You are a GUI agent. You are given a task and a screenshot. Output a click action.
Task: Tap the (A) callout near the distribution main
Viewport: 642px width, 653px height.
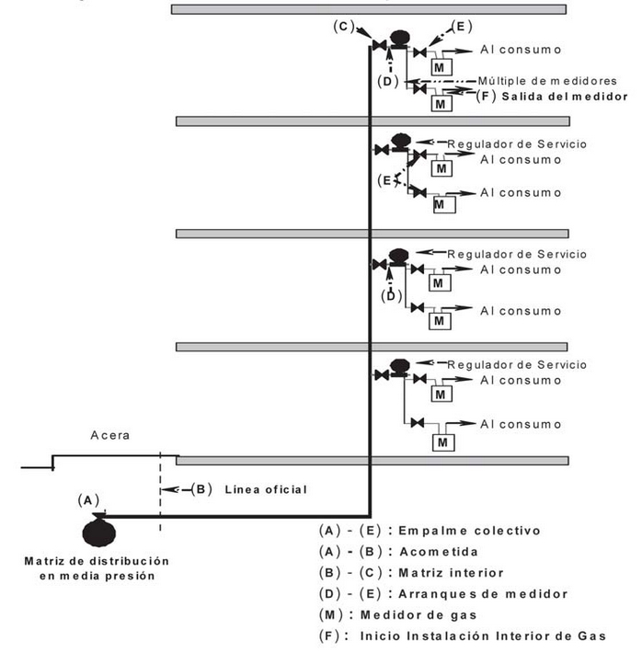[87, 499]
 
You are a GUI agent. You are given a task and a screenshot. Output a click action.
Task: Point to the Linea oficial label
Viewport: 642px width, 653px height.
[265, 489]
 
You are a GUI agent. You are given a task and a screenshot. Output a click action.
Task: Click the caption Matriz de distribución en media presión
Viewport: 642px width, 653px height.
[97, 567]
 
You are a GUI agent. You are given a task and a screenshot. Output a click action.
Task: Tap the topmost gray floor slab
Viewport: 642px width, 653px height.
[367, 9]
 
